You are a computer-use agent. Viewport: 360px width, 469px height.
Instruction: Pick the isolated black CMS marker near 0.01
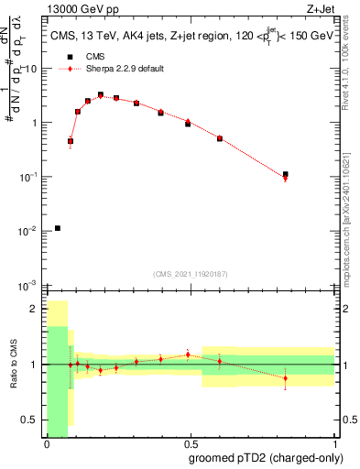coord(58,228)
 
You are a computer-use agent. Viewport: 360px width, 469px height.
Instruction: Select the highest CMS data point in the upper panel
coord(101,94)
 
